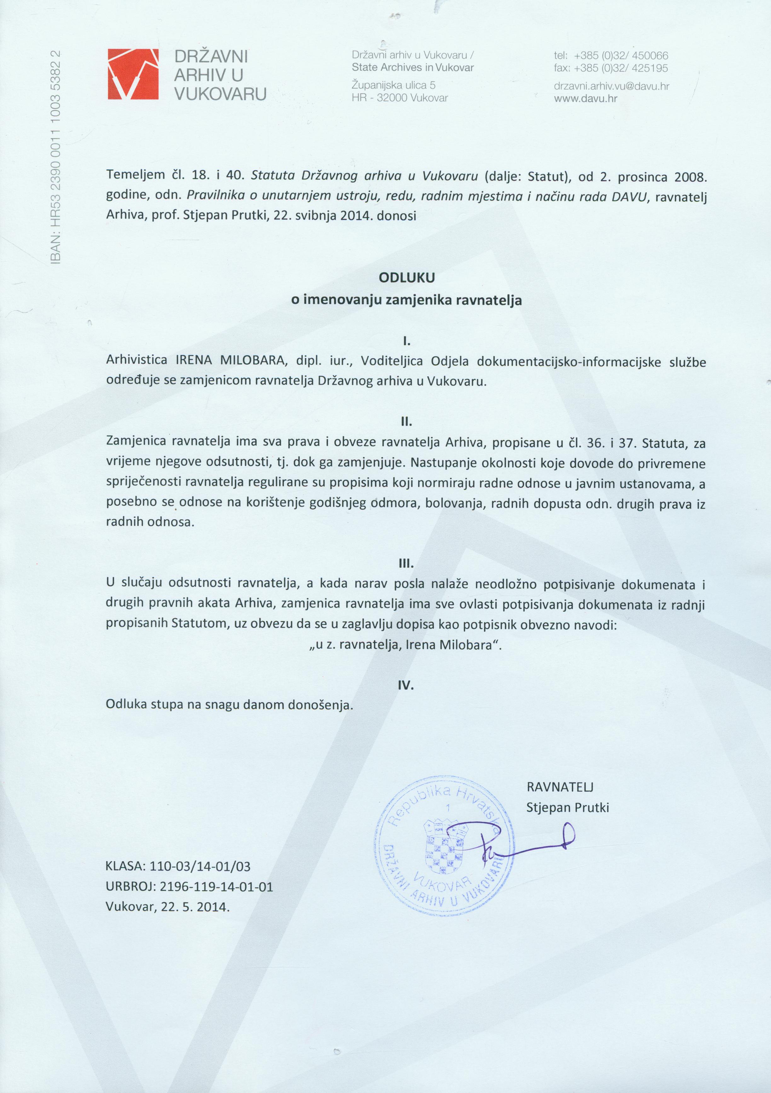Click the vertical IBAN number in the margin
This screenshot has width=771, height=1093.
pyautogui.click(x=56, y=157)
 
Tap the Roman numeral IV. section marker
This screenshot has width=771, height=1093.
pyautogui.click(x=406, y=685)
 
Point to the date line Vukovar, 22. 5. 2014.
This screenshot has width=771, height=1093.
pyautogui.click(x=167, y=906)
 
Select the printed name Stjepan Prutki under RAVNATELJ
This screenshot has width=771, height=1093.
pyautogui.click(x=567, y=807)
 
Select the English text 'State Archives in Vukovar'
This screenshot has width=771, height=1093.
pyautogui.click(x=413, y=67)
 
